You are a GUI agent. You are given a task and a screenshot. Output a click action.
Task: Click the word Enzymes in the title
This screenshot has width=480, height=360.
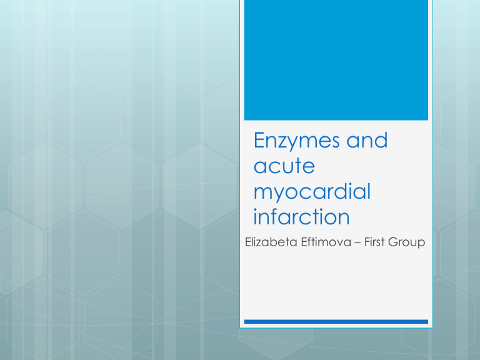[x=292, y=141]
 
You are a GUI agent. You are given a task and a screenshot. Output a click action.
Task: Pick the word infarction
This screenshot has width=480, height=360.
[x=293, y=218]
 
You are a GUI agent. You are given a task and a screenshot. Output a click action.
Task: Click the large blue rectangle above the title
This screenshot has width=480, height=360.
[x=336, y=60]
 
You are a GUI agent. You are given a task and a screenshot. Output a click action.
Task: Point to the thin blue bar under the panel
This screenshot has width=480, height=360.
[x=336, y=322]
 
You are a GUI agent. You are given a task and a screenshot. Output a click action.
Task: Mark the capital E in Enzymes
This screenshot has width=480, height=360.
[x=260, y=141]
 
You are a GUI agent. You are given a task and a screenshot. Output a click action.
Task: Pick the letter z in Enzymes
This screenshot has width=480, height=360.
[x=284, y=143]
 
